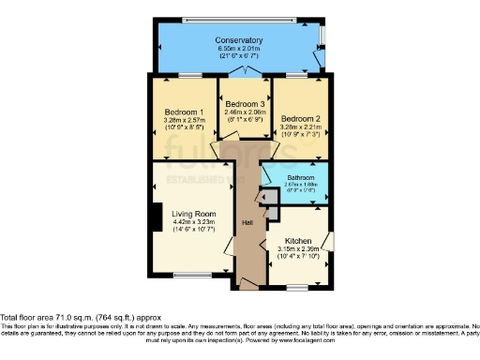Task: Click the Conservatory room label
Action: [238, 41]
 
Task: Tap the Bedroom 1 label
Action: [176, 112]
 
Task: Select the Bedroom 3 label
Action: [244, 103]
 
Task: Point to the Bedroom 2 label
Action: [301, 119]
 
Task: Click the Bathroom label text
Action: [300, 178]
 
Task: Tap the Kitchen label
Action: [295, 241]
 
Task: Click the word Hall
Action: [247, 222]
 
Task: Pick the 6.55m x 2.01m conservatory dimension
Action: [238, 51]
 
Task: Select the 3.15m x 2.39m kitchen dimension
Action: [295, 248]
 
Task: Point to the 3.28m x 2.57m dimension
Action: [176, 120]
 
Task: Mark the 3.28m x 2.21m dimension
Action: [301, 127]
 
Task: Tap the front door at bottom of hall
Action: [247, 282]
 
